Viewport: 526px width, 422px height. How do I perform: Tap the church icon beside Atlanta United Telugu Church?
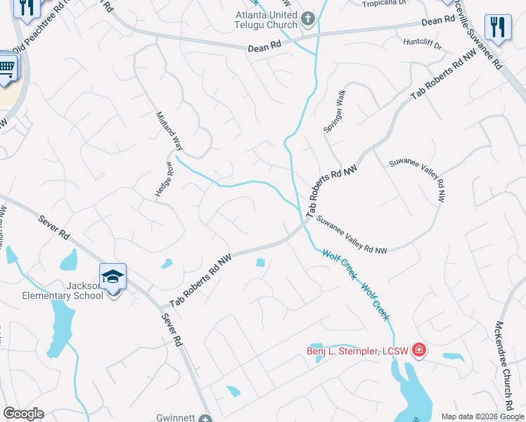coord(308,18)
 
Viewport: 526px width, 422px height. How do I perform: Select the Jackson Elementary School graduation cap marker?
coord(113,276)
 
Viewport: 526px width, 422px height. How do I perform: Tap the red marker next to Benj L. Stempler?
coord(419,350)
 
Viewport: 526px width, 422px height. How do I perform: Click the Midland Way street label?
coord(169,132)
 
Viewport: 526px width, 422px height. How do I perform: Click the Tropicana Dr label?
coord(384,4)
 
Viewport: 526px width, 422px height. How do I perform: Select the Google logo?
coord(23,414)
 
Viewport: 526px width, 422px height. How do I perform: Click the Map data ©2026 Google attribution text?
coord(482,416)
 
